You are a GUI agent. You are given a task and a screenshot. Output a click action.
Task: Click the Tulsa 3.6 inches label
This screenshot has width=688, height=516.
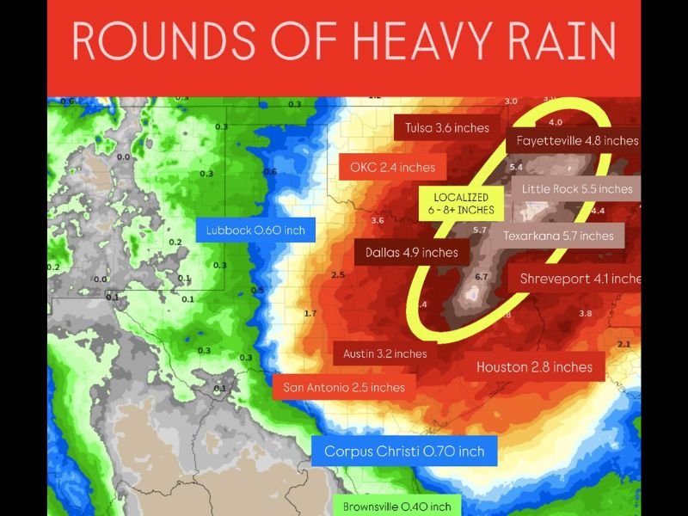(446, 128)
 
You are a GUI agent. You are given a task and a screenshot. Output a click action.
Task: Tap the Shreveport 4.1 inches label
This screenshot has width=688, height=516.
(580, 279)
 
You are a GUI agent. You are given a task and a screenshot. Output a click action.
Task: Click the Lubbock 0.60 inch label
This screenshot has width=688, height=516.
(255, 230)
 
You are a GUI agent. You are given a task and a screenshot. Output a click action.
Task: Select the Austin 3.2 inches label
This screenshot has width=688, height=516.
(384, 353)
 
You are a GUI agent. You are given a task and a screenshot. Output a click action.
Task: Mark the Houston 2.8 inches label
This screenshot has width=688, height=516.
(534, 367)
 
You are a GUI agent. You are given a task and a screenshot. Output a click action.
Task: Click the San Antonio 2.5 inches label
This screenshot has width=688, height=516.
(344, 387)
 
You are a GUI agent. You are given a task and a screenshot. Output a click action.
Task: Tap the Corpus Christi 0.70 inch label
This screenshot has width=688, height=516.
(404, 451)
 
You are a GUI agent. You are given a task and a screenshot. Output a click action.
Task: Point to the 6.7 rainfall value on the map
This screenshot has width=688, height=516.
(481, 277)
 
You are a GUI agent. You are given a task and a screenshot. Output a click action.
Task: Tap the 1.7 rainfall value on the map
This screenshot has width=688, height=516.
(310, 313)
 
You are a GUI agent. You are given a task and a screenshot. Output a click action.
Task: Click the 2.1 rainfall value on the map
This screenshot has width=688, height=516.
(624, 344)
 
